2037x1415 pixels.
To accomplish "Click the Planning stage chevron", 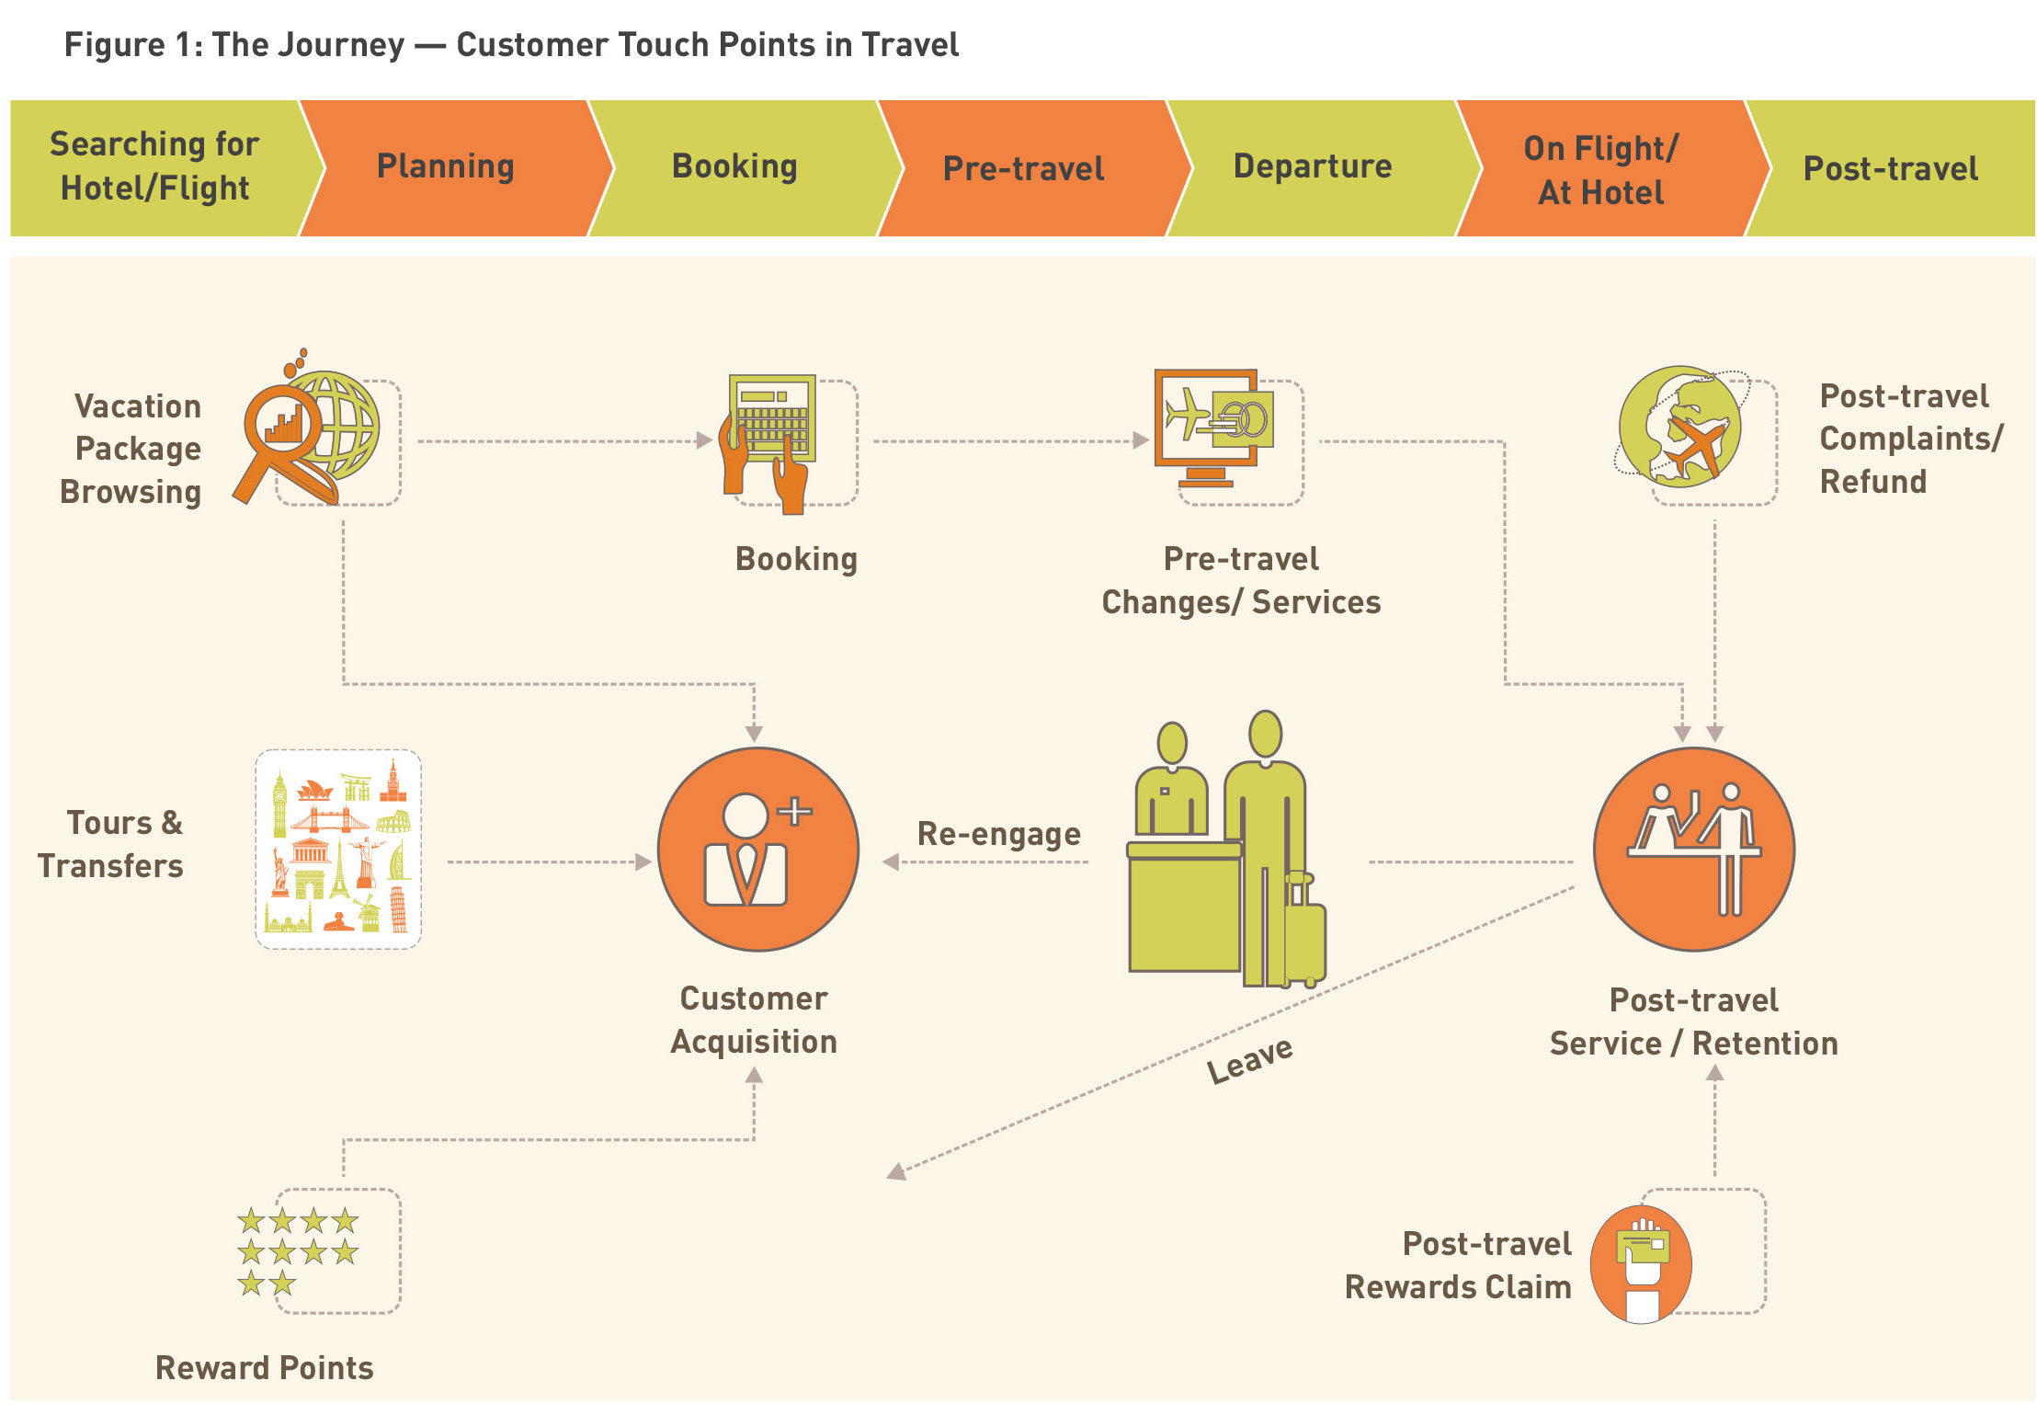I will click(446, 167).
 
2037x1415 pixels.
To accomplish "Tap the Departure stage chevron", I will click(1313, 167).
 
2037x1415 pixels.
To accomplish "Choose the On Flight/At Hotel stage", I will click(1601, 170).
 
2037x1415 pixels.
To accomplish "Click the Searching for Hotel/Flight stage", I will click(154, 167).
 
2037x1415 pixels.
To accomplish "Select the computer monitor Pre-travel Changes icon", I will click(1212, 427).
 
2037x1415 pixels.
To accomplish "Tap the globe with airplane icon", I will click(1680, 428).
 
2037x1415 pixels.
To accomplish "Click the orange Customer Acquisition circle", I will click(757, 850).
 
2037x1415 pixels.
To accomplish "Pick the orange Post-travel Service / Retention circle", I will click(1693, 850).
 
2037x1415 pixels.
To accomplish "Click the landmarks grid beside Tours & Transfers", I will click(338, 850).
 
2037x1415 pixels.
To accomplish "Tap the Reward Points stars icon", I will click(297, 1250).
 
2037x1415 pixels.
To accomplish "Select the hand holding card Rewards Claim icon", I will click(1642, 1264).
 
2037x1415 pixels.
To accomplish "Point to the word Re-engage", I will click(998, 834).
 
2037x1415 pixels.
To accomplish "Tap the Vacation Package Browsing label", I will click(131, 449).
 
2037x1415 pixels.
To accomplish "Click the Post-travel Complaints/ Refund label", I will click(1910, 439).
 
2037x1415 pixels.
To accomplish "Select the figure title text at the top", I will click(511, 44).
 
